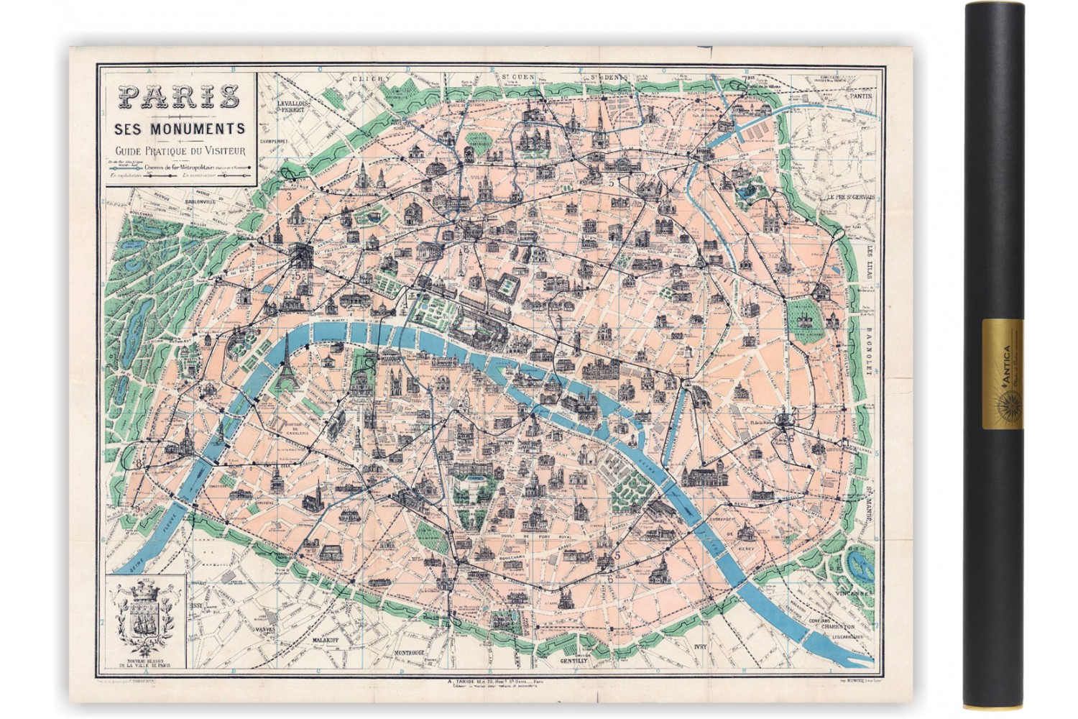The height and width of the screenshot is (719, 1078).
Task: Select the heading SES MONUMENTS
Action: pos(178,129)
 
